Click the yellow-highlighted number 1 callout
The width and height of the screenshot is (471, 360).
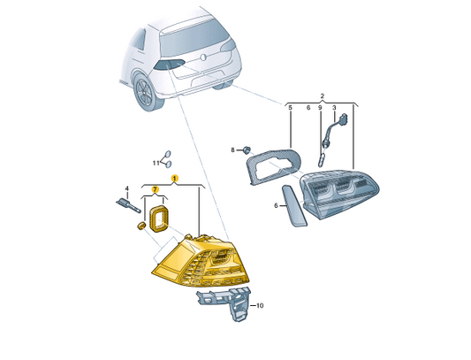tap(174, 178)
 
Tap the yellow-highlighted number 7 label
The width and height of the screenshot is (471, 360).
tap(155, 189)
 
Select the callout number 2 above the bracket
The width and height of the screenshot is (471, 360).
tap(323, 96)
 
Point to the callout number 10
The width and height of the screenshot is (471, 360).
tap(260, 305)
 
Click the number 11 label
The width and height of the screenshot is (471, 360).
tap(156, 163)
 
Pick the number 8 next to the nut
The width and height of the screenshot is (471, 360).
tap(232, 149)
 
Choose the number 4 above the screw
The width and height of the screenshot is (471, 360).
tap(126, 188)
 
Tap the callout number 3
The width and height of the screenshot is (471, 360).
tap(334, 107)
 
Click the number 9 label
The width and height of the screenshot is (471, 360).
tap(320, 107)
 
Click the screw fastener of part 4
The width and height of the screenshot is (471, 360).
tap(128, 205)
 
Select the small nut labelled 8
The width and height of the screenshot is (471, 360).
tap(247, 149)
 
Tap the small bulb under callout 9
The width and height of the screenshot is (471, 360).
tap(321, 160)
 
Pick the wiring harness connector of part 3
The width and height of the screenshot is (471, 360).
tap(334, 131)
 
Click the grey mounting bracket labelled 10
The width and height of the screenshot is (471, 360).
tap(228, 303)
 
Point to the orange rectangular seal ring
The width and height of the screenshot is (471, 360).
tap(158, 218)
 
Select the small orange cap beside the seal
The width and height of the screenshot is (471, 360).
tap(141, 226)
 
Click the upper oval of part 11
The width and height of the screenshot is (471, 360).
tap(168, 155)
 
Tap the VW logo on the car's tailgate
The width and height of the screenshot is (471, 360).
tap(203, 57)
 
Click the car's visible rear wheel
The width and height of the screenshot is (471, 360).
tap(147, 92)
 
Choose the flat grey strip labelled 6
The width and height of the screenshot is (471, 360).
tap(294, 206)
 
